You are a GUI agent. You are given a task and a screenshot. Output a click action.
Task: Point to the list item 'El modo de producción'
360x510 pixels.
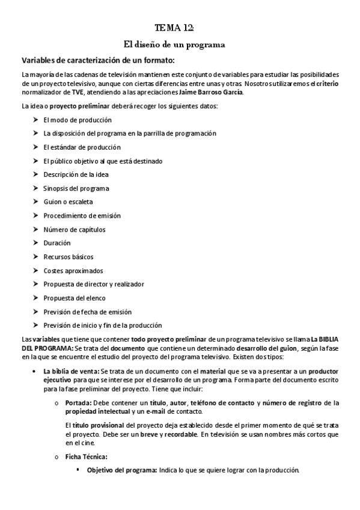coord(78,120)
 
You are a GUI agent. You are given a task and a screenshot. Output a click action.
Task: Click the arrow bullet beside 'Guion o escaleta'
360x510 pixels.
coord(35,202)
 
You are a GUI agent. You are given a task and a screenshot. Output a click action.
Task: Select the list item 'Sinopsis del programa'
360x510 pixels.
coord(76,188)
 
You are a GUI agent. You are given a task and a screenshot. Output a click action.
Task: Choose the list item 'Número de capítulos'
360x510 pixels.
coord(75,229)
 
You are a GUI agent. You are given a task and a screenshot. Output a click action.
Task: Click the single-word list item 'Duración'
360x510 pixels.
coord(57,243)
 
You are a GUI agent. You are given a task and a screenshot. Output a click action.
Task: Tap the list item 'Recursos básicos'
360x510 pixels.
coord(69,257)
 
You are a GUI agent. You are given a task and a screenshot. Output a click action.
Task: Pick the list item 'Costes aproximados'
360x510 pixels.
coord(73,271)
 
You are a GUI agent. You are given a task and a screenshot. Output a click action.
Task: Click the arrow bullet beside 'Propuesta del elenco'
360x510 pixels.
coord(35,298)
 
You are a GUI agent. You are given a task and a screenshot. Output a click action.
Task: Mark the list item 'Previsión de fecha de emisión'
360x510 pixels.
coord(87,312)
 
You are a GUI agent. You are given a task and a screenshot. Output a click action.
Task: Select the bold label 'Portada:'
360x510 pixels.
coord(78,402)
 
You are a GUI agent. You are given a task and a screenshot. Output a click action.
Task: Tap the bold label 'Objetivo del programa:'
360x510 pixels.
coord(122,470)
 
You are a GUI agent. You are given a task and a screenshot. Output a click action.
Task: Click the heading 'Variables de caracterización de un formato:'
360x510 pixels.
coord(98,60)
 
